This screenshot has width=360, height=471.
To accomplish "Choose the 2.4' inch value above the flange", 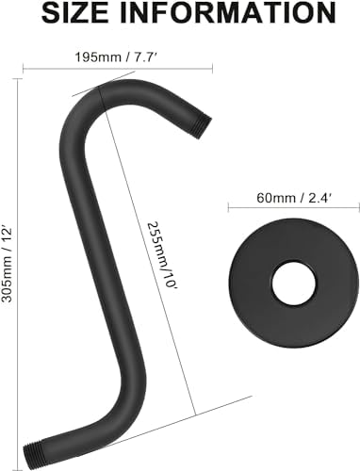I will pyautogui.click(x=307, y=200).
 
